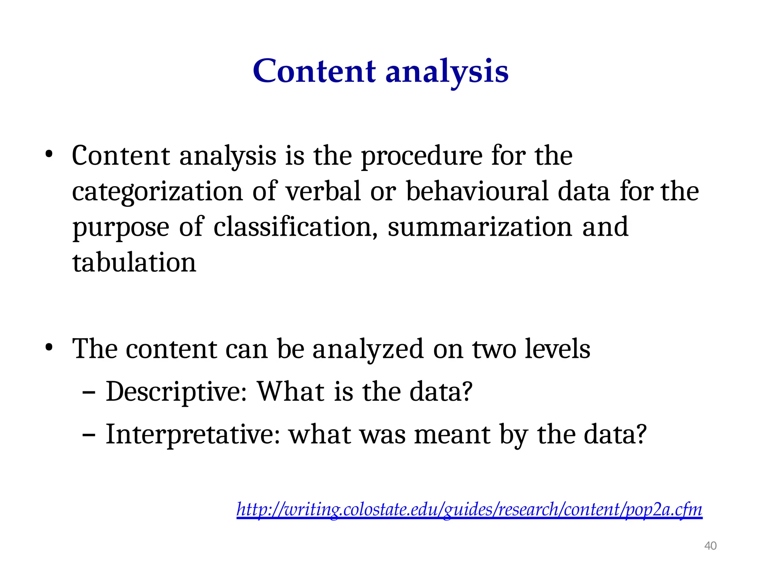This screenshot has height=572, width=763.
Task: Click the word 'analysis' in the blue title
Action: click(447, 71)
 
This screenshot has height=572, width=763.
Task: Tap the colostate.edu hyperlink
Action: click(469, 509)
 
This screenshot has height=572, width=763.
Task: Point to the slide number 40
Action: click(710, 546)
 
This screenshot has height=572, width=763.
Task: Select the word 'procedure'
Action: click(421, 156)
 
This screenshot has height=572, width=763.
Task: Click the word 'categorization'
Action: click(157, 192)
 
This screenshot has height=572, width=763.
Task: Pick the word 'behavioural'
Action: click(477, 191)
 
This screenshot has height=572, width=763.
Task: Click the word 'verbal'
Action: click(323, 191)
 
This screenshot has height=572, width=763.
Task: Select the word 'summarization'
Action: click(480, 227)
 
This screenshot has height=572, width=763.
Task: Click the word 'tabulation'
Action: click(134, 263)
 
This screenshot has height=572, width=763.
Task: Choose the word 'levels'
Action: click(557, 349)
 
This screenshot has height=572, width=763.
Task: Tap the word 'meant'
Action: click(452, 435)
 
